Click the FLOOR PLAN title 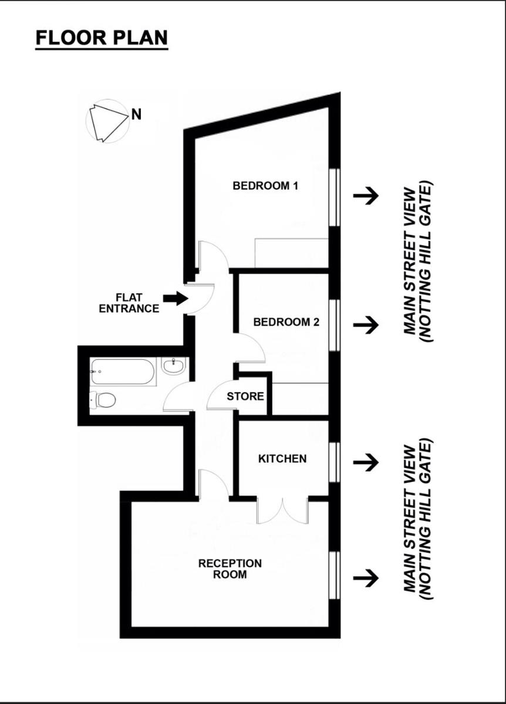[x=102, y=38]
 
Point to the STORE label [x=245, y=397]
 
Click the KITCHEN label [x=282, y=459]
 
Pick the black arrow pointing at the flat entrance [x=175, y=299]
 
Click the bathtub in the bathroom [x=123, y=371]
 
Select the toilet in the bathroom [x=103, y=400]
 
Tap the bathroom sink [x=173, y=367]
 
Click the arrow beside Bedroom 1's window [x=366, y=196]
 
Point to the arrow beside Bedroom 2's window [x=366, y=324]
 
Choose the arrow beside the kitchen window [x=366, y=462]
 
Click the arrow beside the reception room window [x=366, y=578]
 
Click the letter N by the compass [x=136, y=114]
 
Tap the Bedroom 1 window [x=335, y=197]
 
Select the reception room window [x=335, y=575]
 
